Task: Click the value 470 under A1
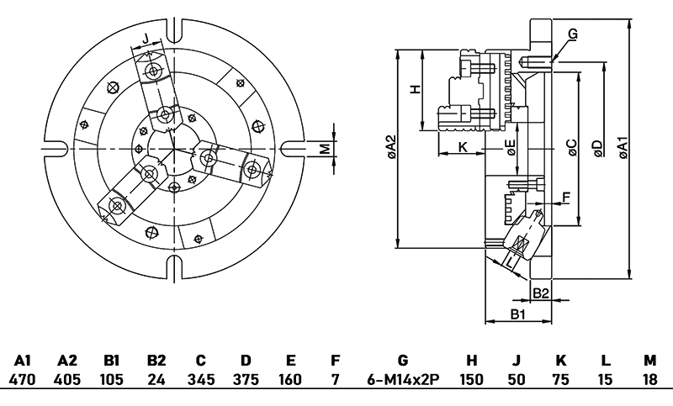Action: pos(24,379)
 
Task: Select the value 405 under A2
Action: pos(67,379)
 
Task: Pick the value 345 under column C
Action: pos(199,379)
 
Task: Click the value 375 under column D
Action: pos(245,379)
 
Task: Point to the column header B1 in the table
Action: pos(112,360)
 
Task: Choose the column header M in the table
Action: pos(649,360)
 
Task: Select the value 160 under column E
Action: pos(289,379)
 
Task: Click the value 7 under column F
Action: pos(335,379)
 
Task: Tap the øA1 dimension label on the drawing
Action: pos(623,148)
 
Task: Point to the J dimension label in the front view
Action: pos(146,39)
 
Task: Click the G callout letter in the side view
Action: pos(572,34)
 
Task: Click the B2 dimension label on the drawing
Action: pos(542,293)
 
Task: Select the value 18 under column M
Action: pos(649,379)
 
